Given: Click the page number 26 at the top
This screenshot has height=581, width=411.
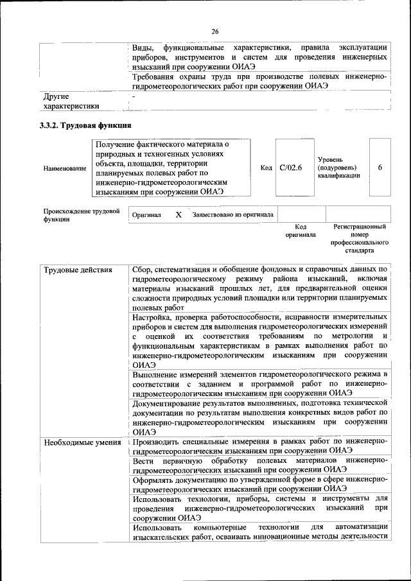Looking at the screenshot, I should (214, 31).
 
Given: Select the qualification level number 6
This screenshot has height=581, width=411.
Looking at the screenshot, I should (380, 168).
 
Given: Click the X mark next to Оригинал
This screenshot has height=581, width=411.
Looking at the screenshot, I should (179, 215).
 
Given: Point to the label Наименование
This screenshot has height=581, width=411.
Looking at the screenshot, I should (65, 168).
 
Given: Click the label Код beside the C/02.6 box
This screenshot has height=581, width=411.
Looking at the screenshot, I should (267, 168).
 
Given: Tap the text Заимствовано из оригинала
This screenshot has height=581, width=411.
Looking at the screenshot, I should (232, 215).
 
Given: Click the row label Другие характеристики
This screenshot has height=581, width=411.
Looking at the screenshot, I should (71, 101).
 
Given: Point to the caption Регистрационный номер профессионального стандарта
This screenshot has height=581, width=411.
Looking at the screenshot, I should (360, 239).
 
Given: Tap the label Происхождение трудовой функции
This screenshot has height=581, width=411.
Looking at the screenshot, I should (82, 215).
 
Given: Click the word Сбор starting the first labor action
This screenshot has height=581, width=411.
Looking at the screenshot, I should (143, 270).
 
